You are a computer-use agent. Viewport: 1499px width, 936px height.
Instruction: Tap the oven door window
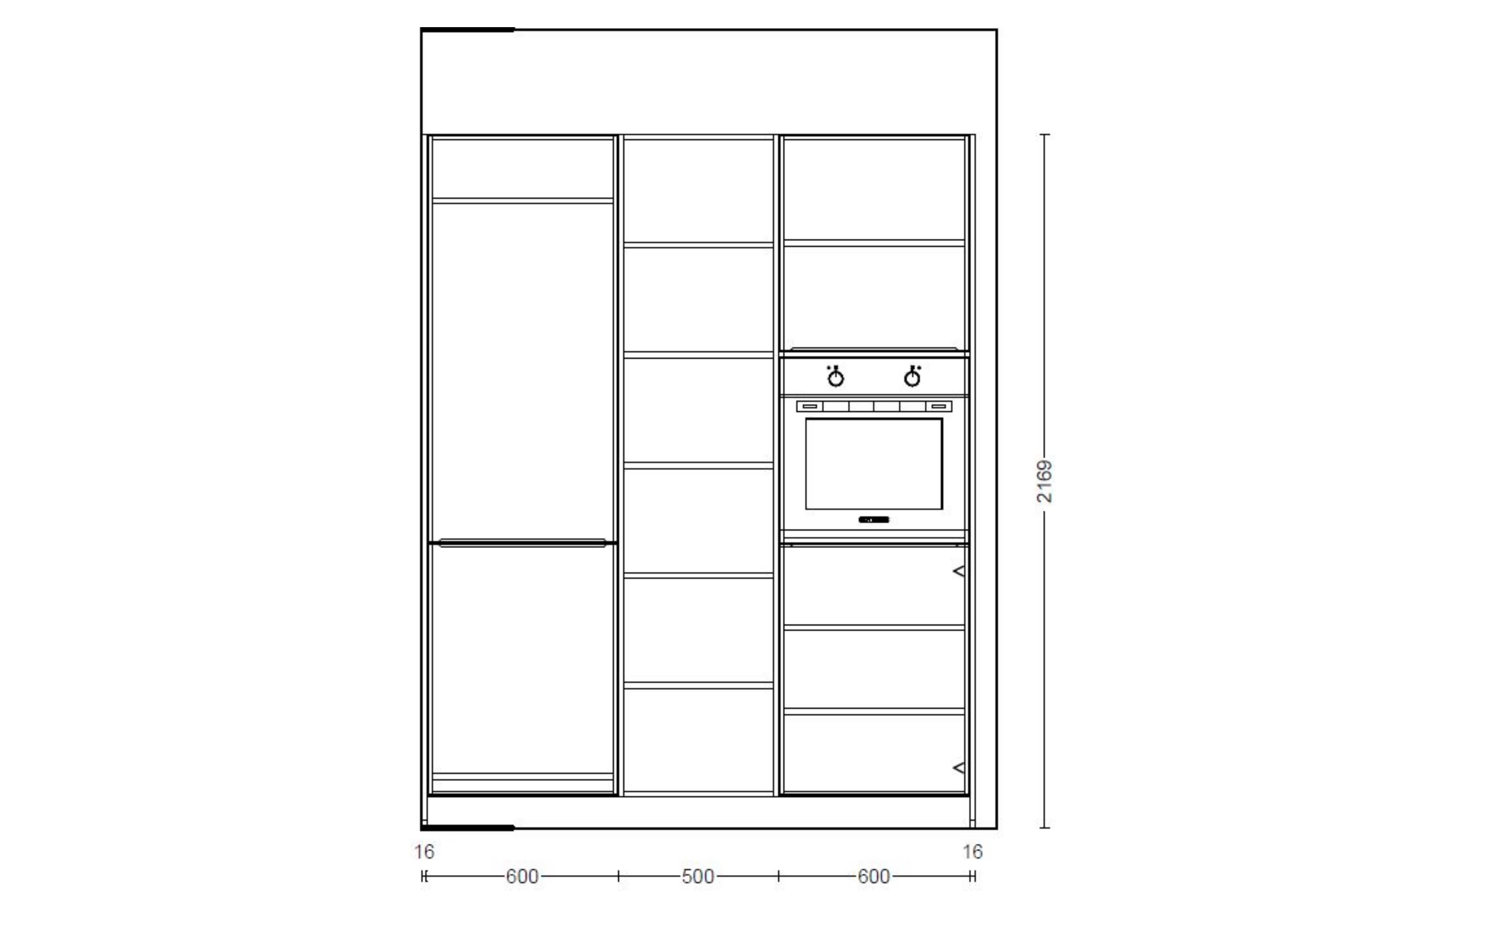pyautogui.click(x=874, y=464)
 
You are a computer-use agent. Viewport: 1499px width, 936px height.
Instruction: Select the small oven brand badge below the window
pyautogui.click(x=874, y=519)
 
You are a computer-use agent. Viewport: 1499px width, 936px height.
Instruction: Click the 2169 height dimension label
pyautogui.click(x=1044, y=481)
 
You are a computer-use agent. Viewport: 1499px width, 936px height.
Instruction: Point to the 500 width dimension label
pyautogui.click(x=698, y=877)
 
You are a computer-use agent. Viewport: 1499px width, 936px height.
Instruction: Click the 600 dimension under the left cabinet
pyautogui.click(x=522, y=877)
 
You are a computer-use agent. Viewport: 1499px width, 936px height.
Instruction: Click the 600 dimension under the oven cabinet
pyautogui.click(x=874, y=877)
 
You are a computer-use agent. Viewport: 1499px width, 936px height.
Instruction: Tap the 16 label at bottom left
pyautogui.click(x=424, y=852)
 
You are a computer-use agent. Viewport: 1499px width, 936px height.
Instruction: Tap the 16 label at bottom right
pyautogui.click(x=972, y=852)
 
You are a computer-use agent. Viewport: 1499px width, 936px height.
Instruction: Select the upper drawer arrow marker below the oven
pyautogui.click(x=959, y=571)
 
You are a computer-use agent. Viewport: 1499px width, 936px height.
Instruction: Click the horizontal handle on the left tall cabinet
pyautogui.click(x=522, y=543)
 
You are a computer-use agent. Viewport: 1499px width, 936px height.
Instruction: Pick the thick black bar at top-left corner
pyautogui.click(x=467, y=29)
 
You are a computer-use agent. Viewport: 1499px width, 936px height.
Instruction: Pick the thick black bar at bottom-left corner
pyautogui.click(x=467, y=827)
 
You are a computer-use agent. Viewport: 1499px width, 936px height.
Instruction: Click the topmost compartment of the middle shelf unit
pyautogui.click(x=698, y=190)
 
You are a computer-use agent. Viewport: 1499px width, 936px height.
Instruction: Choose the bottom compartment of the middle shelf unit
pyautogui.click(x=698, y=740)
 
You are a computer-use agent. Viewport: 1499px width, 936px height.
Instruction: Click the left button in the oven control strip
pyautogui.click(x=809, y=407)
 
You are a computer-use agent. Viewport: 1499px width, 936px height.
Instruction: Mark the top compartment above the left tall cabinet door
pyautogui.click(x=522, y=168)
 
